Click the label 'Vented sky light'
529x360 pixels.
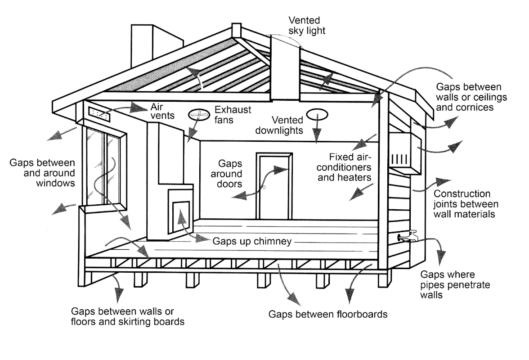306,25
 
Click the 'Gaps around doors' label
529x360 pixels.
230,173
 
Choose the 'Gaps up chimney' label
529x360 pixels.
251,241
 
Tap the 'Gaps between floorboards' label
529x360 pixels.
327,314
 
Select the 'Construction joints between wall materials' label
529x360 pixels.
464,204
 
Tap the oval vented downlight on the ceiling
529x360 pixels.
318,114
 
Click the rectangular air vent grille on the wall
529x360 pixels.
99,114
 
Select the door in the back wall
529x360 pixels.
273,185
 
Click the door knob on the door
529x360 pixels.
264,186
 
